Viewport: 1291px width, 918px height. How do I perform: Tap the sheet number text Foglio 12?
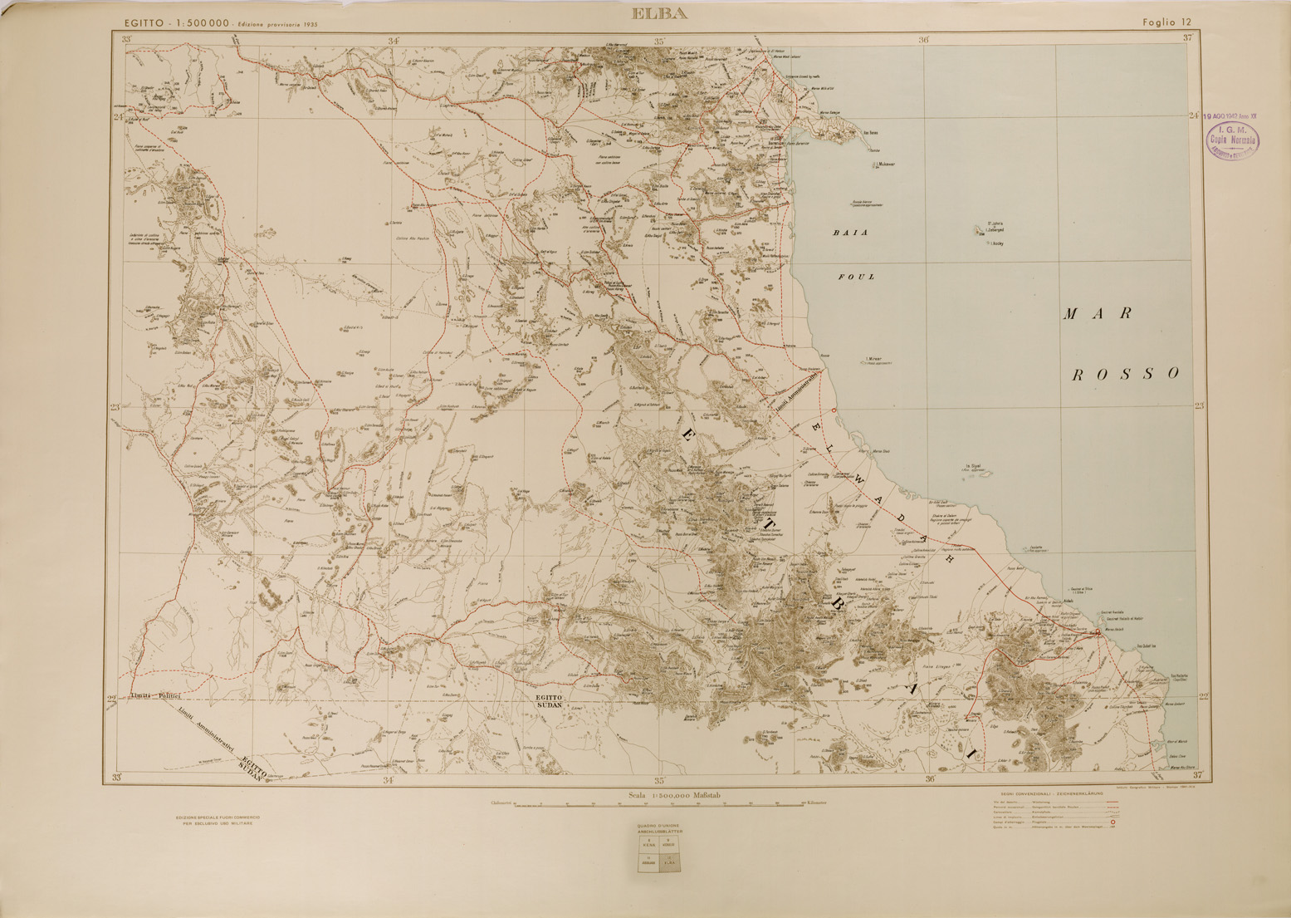[1166, 22]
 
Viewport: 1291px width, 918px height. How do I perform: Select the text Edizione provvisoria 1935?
[277, 25]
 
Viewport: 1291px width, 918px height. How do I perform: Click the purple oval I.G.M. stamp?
[1232, 141]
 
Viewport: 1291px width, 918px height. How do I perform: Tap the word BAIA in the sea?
[850, 233]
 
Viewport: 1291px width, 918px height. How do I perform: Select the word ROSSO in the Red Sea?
[1125, 374]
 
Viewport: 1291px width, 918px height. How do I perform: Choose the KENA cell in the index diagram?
[648, 844]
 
